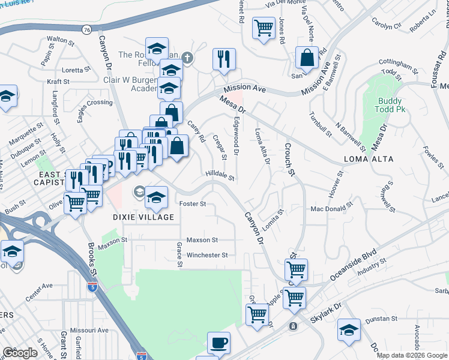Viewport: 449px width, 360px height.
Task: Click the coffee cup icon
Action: tap(218, 343)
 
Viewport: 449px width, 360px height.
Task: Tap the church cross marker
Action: tap(187, 58)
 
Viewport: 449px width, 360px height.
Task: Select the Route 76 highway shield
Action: tap(88, 29)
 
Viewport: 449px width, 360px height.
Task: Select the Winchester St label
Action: tap(207, 255)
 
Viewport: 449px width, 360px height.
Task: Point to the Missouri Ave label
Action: tap(88, 330)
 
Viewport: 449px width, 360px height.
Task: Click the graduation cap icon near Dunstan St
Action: tap(349, 330)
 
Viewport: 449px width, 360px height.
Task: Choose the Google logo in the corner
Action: tap(20, 353)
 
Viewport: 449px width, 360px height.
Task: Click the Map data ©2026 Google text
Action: tap(412, 355)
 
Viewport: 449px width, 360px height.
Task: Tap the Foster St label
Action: tap(193, 204)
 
